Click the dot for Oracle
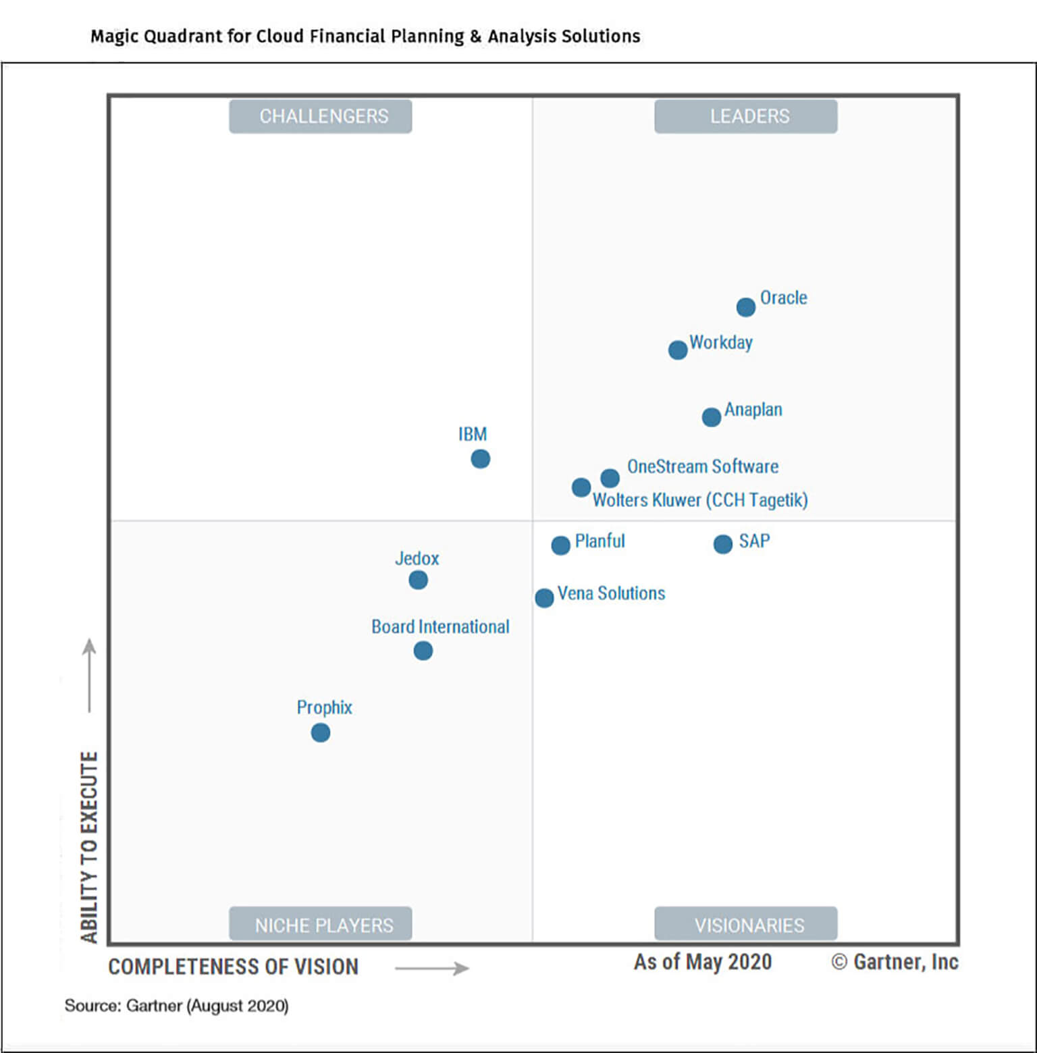(x=745, y=307)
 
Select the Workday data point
(x=678, y=350)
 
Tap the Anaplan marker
(x=711, y=417)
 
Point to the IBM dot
(x=480, y=459)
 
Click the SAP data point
(x=722, y=544)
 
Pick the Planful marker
(x=560, y=545)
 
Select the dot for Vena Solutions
(x=544, y=597)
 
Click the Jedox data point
(x=418, y=580)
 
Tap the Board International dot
(x=423, y=651)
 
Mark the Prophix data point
(x=321, y=732)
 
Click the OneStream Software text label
(x=702, y=466)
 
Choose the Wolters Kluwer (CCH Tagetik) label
(x=699, y=500)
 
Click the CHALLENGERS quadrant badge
(x=321, y=116)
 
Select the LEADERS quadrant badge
(x=746, y=116)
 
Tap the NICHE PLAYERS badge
(x=321, y=924)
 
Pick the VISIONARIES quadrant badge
(x=746, y=924)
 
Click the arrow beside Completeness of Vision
(x=432, y=969)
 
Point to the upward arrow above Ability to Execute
(x=89, y=675)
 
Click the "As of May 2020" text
(x=702, y=962)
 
